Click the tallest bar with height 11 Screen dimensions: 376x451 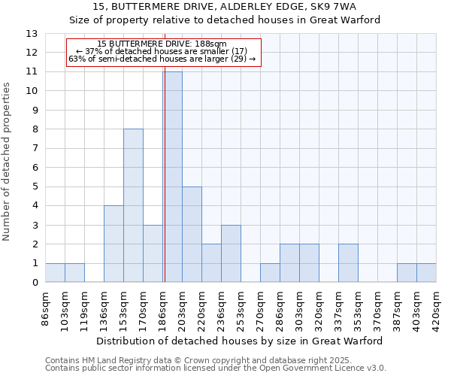172,177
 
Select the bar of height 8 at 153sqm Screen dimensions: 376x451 133,205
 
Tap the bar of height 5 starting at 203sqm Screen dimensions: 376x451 192,234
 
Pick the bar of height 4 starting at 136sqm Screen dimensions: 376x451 114,244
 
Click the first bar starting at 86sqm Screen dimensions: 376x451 55,273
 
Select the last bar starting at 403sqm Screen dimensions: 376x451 426,273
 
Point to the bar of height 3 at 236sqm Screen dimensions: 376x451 231,253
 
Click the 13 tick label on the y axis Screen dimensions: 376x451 31,34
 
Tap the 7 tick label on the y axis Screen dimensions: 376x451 34,148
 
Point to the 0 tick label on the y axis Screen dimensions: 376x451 34,283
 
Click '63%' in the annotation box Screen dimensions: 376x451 76,59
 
